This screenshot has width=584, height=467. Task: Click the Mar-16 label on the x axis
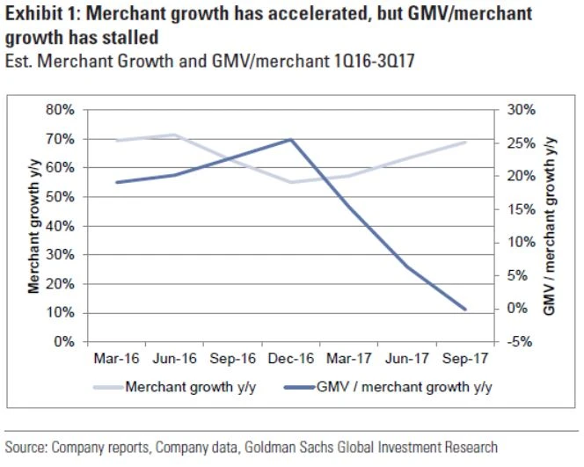coord(116,359)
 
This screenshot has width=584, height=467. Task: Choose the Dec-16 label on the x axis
coord(290,359)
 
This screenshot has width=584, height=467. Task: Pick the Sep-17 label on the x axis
coord(464,359)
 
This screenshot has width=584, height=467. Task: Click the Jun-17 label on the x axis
coord(406,359)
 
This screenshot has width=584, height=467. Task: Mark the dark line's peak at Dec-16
coord(290,139)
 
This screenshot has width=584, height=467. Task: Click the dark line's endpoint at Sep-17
coord(464,309)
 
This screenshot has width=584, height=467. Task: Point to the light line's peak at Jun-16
coord(174,135)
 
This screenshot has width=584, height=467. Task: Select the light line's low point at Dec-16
coord(290,182)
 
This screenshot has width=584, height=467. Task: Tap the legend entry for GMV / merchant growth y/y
coord(405,387)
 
